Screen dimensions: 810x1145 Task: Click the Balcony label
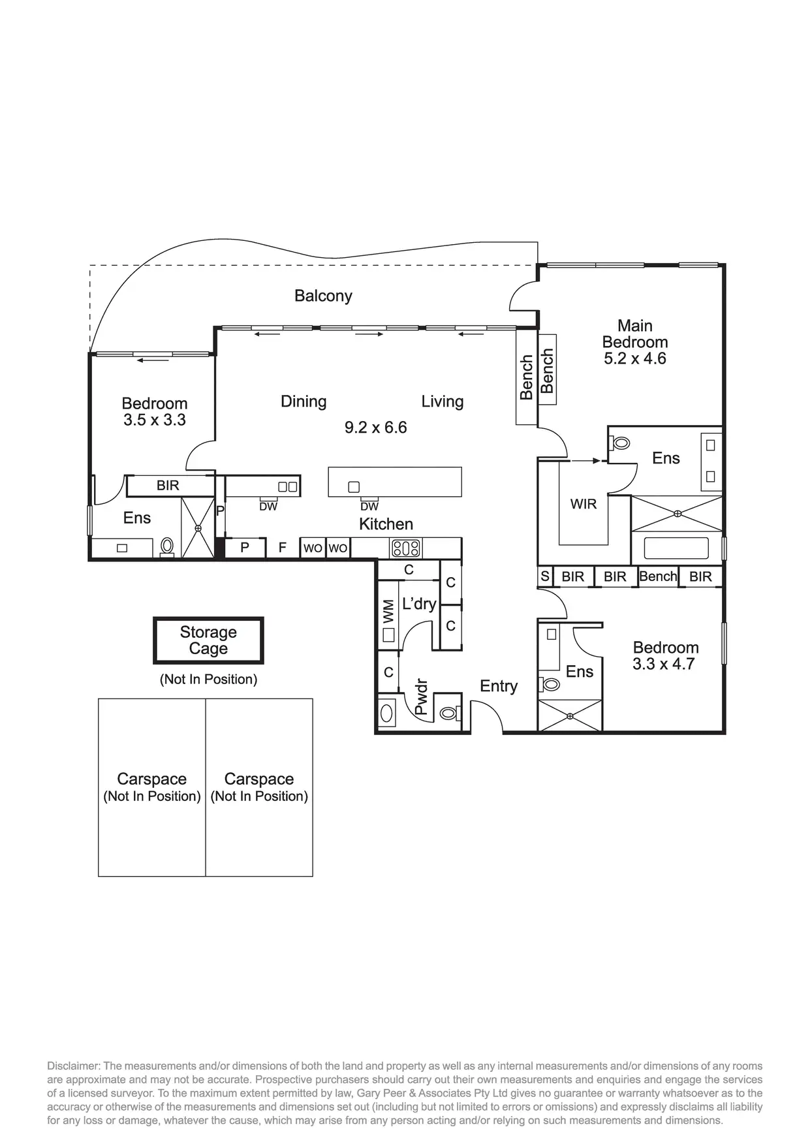(x=323, y=296)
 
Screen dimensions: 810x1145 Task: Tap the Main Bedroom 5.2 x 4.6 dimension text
(x=634, y=358)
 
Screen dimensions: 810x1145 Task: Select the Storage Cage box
(x=208, y=640)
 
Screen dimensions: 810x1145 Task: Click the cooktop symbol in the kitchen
(x=405, y=548)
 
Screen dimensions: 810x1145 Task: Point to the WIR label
(x=583, y=504)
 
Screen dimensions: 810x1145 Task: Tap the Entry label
(x=499, y=686)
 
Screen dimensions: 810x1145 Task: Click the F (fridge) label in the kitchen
(x=283, y=548)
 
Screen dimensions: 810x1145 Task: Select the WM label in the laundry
(x=388, y=611)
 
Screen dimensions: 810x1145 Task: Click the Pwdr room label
(x=421, y=697)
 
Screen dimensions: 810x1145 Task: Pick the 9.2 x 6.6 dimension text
(x=375, y=428)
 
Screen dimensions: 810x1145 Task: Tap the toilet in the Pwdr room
(x=448, y=714)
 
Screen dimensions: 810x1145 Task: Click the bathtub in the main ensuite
(x=676, y=548)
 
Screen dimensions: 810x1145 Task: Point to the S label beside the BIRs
(x=545, y=576)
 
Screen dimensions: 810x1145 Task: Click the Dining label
(x=304, y=401)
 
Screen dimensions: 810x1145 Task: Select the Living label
(x=442, y=401)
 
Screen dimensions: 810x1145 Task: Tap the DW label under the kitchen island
(x=369, y=507)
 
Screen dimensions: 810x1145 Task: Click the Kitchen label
(x=386, y=524)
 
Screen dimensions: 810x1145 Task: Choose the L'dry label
(x=418, y=604)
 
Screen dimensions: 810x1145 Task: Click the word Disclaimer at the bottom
(x=72, y=1066)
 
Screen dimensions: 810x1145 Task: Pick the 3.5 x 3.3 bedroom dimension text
(x=155, y=420)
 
